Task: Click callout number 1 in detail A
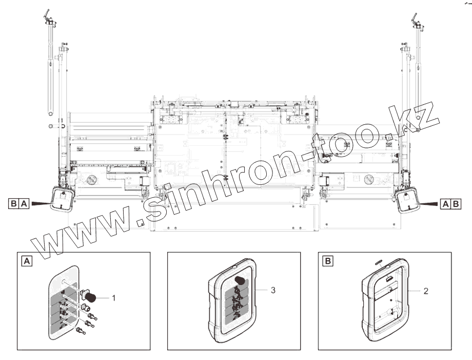tap(113, 298)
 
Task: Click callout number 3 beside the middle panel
tap(273, 290)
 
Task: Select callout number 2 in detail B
tap(426, 291)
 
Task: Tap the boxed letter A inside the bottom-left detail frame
tap(27, 261)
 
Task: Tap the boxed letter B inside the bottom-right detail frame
tap(328, 260)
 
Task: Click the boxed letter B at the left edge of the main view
tap(14, 204)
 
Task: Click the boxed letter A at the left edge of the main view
tap(24, 204)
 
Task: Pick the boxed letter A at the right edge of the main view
tap(445, 204)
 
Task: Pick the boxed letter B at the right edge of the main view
tap(456, 204)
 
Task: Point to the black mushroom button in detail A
tap(90, 298)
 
